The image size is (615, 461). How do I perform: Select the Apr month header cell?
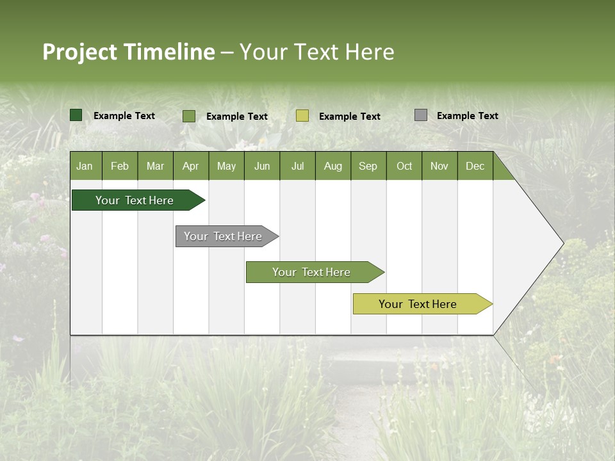(x=191, y=166)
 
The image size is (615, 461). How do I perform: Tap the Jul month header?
(x=297, y=166)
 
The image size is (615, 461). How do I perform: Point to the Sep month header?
(x=368, y=166)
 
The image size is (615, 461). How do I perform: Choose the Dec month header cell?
(x=475, y=166)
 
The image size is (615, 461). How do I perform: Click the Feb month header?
(x=120, y=166)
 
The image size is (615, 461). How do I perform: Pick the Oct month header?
(x=404, y=166)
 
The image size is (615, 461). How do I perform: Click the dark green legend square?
(x=76, y=115)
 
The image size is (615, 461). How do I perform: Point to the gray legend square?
(x=421, y=115)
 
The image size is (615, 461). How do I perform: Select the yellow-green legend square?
(x=302, y=116)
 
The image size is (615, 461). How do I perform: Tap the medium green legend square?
(x=189, y=116)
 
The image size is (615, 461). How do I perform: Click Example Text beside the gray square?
(x=467, y=116)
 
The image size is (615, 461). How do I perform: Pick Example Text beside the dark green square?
(x=124, y=116)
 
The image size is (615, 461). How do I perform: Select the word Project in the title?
(x=79, y=52)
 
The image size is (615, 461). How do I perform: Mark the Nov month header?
(x=439, y=166)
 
